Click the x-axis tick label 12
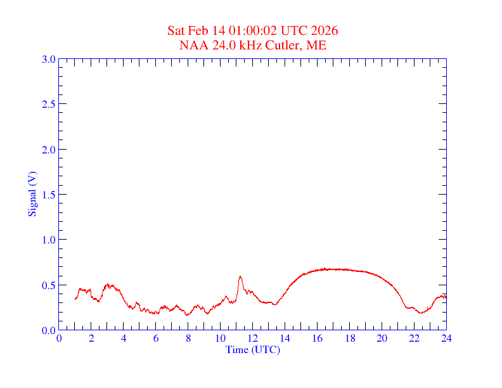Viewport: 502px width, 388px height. (253, 338)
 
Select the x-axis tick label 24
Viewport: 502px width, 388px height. (446, 338)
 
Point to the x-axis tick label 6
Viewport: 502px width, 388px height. (156, 338)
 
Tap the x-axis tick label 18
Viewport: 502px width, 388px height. (350, 338)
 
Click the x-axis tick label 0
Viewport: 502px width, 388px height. (59, 338)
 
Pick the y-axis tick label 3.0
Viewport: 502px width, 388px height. (48, 60)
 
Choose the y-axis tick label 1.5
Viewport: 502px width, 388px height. (48, 195)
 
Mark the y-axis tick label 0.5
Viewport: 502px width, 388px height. (48, 285)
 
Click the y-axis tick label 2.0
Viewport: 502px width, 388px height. (48, 150)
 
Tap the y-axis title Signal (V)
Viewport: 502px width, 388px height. (32, 195)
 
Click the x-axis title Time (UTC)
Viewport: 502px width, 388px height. (253, 349)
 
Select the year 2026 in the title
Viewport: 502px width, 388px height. (325, 31)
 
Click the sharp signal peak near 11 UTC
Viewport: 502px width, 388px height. (240, 276)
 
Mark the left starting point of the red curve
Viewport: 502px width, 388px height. (75, 299)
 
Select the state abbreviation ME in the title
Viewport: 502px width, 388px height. (316, 45)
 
